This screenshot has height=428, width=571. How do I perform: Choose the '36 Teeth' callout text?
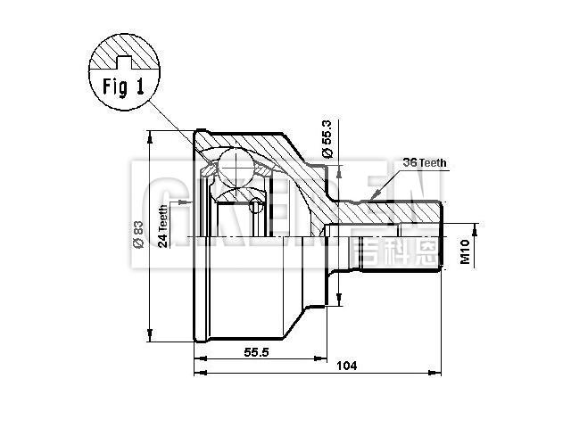(x=425, y=162)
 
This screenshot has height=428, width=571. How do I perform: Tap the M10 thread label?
(x=465, y=253)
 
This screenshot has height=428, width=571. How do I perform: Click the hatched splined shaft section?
(x=393, y=212)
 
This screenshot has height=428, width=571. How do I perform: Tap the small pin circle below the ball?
(x=256, y=207)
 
